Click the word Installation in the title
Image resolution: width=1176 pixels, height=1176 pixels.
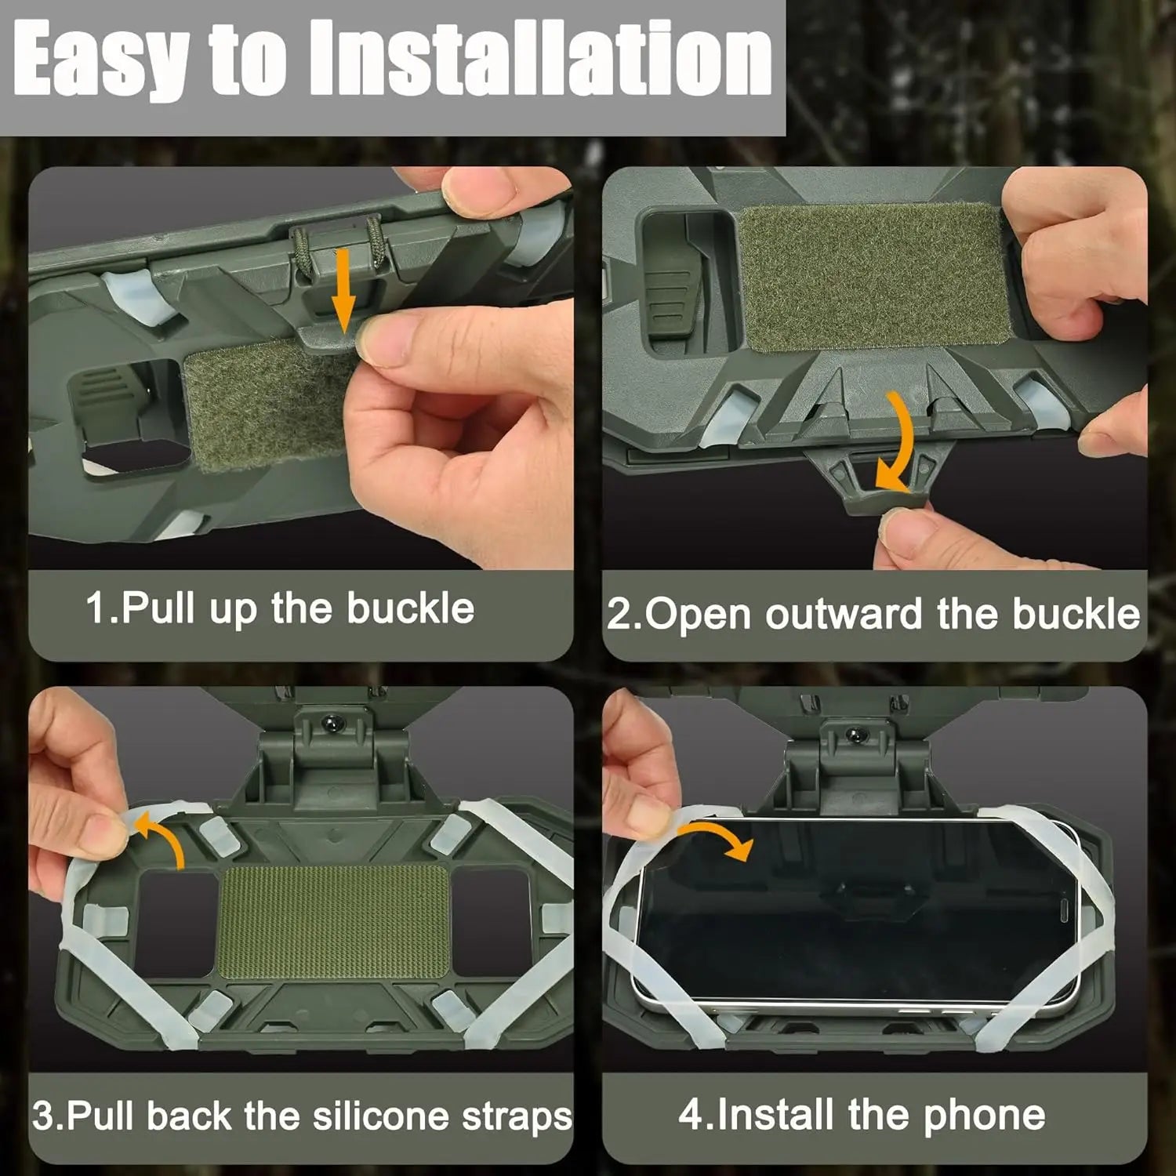point(541,59)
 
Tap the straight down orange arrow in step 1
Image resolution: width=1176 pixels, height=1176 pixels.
point(342,290)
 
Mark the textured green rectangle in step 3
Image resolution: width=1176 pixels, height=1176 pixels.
point(332,921)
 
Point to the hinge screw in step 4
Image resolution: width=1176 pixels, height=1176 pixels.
point(855,735)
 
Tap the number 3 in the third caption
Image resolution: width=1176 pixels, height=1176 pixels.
point(42,1116)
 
